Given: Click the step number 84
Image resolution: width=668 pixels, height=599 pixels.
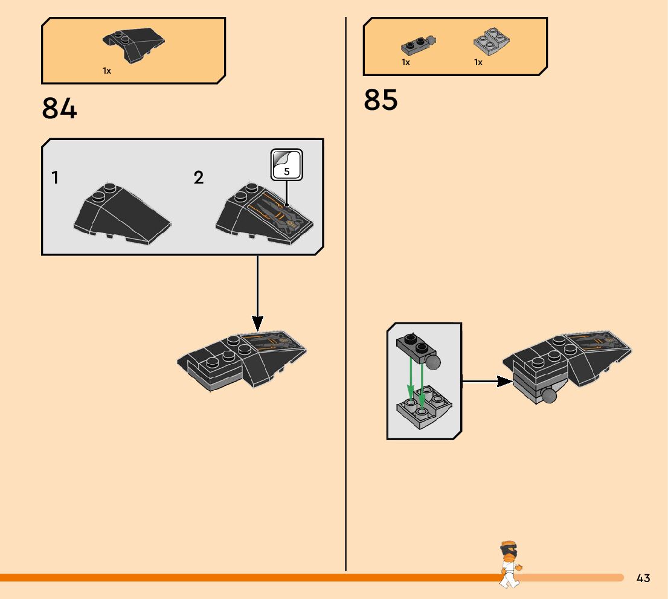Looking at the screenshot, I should pos(59,109).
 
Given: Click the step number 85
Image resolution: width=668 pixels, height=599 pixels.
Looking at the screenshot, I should pos(381,100).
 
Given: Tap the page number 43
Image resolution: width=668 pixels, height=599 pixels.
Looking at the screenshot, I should pos(643,578).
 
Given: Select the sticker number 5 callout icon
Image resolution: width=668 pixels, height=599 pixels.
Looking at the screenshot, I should pos(286,164).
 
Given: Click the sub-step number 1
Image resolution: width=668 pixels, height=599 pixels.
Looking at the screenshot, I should pos(55,178).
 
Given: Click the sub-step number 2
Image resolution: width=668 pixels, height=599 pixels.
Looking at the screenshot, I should pos(199,178).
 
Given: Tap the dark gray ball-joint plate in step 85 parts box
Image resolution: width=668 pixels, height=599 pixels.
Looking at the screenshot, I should pos(417,44).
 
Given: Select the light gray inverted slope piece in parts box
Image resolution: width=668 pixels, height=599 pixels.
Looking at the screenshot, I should pos(492,43).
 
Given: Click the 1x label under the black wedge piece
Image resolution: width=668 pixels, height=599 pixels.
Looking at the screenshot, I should pos(107,71).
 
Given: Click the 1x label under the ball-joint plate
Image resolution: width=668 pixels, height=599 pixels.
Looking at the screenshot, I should pos(406,62).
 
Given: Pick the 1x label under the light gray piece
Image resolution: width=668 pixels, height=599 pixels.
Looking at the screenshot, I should pos(478,62).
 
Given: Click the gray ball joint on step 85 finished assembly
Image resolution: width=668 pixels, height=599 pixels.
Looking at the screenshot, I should pos(548,396).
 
